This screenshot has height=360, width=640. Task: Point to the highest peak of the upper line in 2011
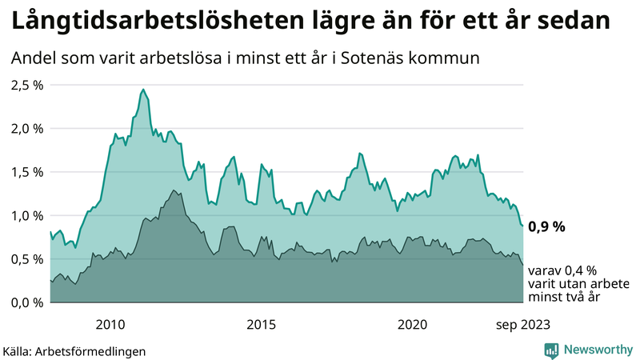(143, 90)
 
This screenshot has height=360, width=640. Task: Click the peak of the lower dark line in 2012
(174, 190)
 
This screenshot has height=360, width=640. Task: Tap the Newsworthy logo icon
(551, 350)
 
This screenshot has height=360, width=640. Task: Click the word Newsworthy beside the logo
(596, 350)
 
